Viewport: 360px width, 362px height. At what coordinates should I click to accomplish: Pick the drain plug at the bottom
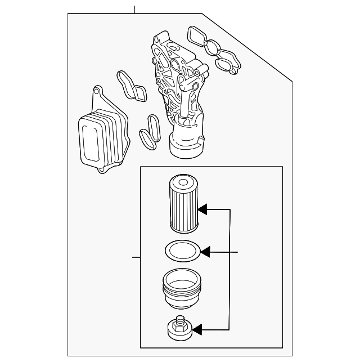181,327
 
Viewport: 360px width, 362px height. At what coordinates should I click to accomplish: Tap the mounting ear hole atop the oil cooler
96,91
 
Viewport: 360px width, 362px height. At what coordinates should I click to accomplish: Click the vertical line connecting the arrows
229,269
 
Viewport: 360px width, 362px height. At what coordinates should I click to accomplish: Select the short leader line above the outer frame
135,9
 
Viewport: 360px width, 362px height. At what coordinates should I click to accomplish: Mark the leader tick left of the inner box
136,257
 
